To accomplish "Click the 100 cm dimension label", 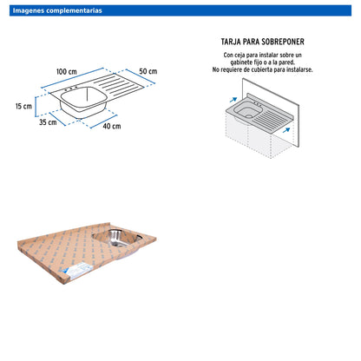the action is click(x=67, y=71).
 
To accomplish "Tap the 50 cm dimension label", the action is click(x=148, y=71).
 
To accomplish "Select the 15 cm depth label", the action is click(x=23, y=106).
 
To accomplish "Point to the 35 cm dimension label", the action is click(x=48, y=122).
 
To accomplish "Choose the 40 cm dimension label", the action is click(x=112, y=126).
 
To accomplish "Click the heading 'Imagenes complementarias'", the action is click(x=57, y=10).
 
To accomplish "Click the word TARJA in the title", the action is click(x=231, y=42).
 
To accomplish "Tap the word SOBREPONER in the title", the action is click(x=283, y=42).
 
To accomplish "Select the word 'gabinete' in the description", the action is click(x=241, y=62).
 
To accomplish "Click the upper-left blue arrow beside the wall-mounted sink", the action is click(x=233, y=100).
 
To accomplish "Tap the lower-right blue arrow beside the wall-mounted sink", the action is click(x=286, y=130).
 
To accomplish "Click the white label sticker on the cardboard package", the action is click(x=77, y=271).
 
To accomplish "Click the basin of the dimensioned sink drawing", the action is click(x=83, y=102).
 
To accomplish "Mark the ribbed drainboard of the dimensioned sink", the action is click(x=118, y=84).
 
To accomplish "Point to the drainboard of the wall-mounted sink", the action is click(x=274, y=118).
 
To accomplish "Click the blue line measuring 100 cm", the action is click(x=72, y=78).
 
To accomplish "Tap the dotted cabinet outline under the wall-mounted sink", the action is click(x=259, y=136).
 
